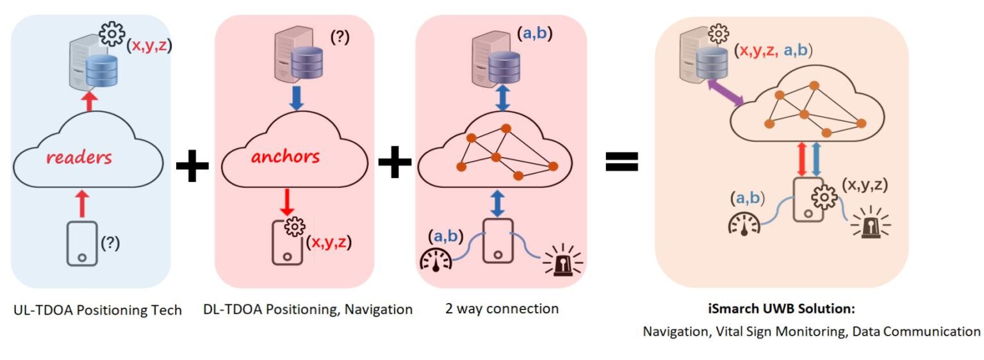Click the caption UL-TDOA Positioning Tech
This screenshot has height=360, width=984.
pos(97,310)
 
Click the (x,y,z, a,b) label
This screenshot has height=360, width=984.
pos(776,51)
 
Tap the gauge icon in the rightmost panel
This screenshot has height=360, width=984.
pos(742,224)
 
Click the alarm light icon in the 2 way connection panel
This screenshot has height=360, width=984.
pos(563,262)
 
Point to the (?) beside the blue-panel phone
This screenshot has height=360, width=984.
pos(111,244)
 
